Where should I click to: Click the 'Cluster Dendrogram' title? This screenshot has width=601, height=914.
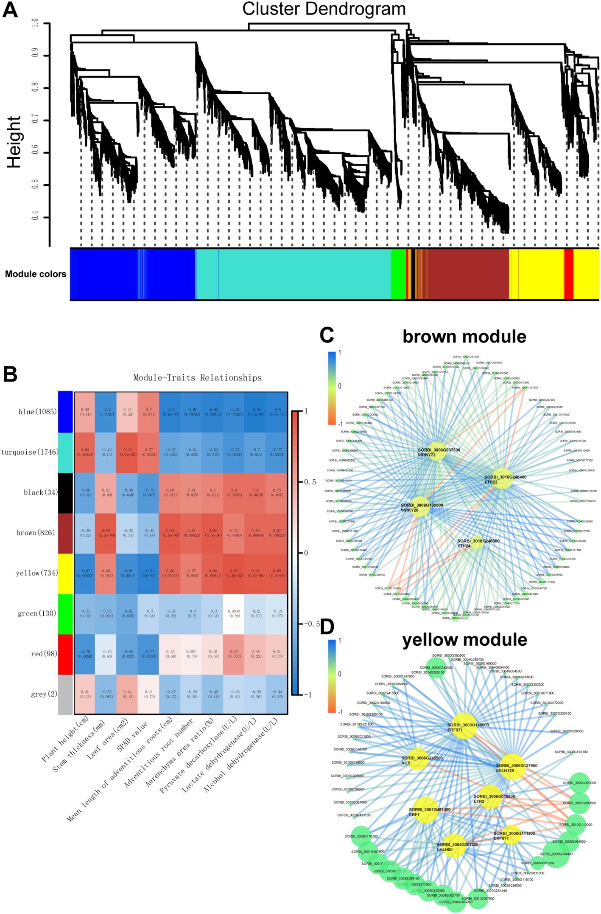pos(324,9)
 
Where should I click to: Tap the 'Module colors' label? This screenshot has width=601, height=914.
pos(36,274)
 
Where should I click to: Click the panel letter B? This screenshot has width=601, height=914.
pos(10,374)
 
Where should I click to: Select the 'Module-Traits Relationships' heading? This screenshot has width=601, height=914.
pos(198,378)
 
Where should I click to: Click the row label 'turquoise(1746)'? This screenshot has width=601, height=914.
pos(30,452)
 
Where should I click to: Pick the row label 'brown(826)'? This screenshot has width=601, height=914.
pos(36,533)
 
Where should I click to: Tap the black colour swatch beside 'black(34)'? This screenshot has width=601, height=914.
pos(65,492)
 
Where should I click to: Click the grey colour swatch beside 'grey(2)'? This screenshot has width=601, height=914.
pos(65,694)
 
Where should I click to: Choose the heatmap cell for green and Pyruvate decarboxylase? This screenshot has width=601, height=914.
pos(234,613)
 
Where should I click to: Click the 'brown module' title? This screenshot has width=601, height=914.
pos(464,337)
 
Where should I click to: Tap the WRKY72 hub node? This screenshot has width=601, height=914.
pos(438,453)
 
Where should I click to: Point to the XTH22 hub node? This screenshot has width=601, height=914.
pos(502,478)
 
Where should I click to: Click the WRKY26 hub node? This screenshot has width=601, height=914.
pos(420,506)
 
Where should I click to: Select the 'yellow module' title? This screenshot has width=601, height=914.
pos(465,640)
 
